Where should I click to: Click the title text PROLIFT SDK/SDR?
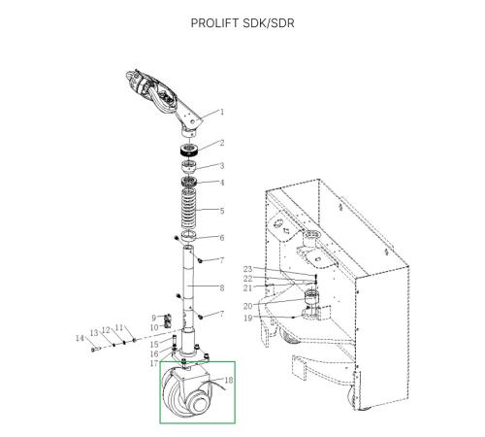click(x=242, y=23)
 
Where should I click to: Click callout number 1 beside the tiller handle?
click(x=222, y=112)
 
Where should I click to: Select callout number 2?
click(x=222, y=143)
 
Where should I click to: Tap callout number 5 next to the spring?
click(x=222, y=211)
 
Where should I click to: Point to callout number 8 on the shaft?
click(x=222, y=287)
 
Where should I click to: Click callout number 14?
click(x=80, y=338)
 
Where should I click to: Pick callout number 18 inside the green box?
click(x=229, y=380)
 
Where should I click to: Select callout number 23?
click(x=247, y=269)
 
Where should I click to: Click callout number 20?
click(x=247, y=306)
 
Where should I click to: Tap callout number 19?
click(x=247, y=318)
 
